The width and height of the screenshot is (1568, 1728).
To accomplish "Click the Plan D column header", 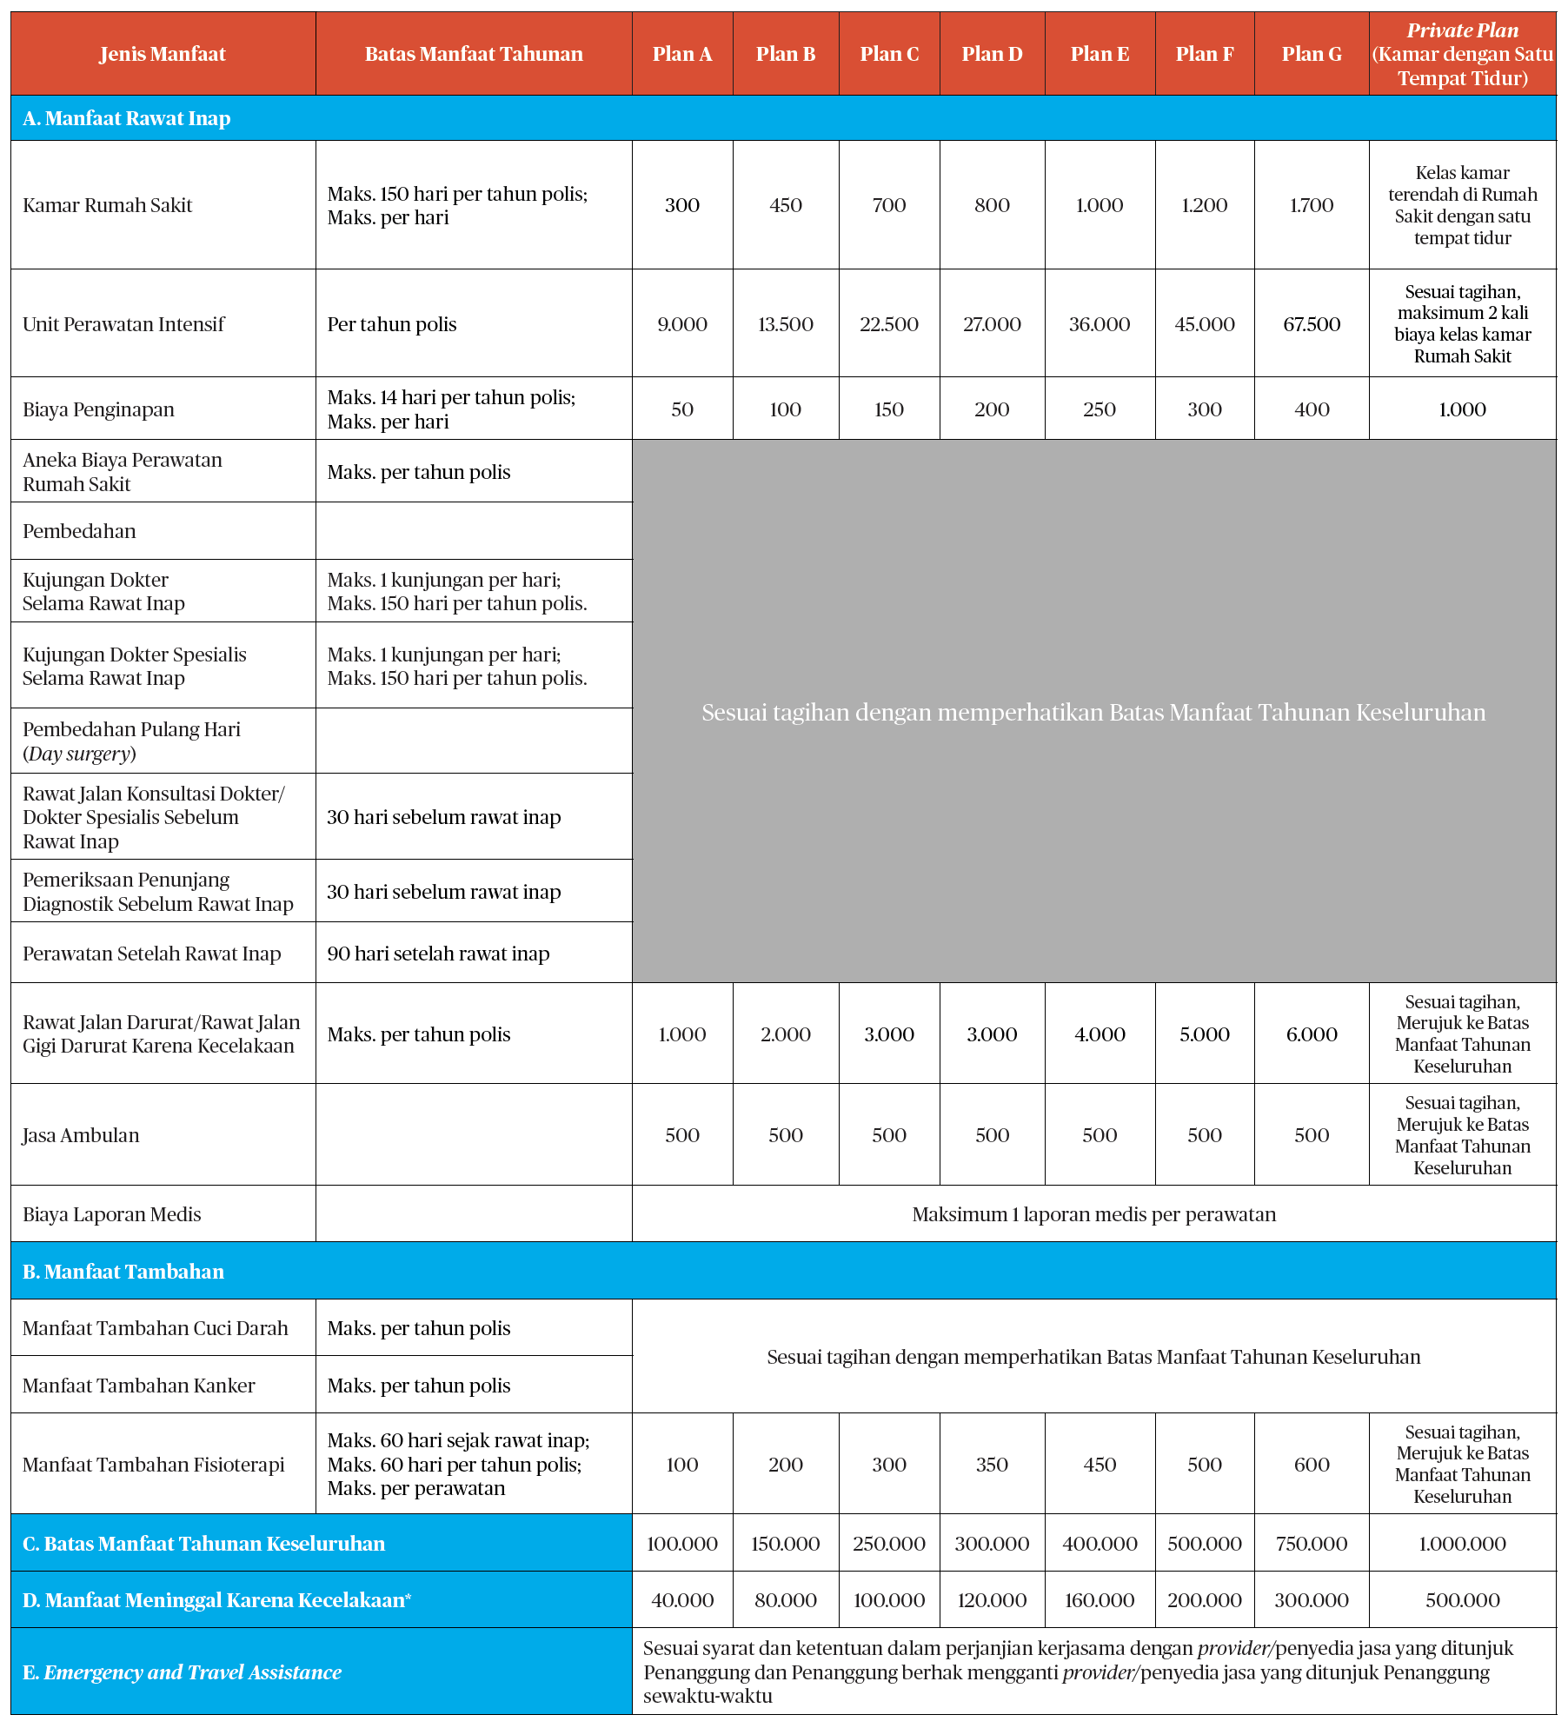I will click(992, 54).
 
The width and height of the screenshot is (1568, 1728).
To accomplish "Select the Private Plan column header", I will click(1462, 54).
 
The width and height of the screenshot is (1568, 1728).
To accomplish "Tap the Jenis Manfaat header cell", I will click(163, 54).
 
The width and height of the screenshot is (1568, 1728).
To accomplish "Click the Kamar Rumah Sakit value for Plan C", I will click(889, 205).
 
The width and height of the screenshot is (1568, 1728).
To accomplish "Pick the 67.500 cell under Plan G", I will click(1312, 324).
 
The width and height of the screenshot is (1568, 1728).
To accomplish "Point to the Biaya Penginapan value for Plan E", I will click(1100, 409).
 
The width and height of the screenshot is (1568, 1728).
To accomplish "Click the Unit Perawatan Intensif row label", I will click(123, 324).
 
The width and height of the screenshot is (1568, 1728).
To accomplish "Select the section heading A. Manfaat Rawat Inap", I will click(127, 118).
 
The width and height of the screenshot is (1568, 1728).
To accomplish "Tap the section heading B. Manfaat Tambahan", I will click(123, 1272).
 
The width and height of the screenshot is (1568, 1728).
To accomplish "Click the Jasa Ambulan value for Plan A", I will click(682, 1135).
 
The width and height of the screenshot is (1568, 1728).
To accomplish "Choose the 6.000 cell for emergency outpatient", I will click(1312, 1034).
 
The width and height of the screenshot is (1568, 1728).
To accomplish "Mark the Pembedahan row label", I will click(79, 531).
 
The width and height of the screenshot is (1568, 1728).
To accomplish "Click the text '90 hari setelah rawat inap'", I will click(438, 954).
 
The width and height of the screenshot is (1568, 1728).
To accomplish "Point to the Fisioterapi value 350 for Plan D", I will click(992, 1465).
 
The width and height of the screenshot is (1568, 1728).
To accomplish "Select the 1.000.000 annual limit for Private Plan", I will click(1462, 1544).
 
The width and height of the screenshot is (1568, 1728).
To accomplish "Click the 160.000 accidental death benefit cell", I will click(1100, 1600).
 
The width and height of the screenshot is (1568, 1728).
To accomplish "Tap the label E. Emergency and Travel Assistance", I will click(182, 1672).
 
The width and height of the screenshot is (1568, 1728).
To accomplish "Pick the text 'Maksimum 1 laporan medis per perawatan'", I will click(1093, 1214).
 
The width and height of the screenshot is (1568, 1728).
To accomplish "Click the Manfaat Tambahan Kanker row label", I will click(139, 1386).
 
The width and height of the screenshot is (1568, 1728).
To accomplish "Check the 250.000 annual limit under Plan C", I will click(889, 1544).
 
